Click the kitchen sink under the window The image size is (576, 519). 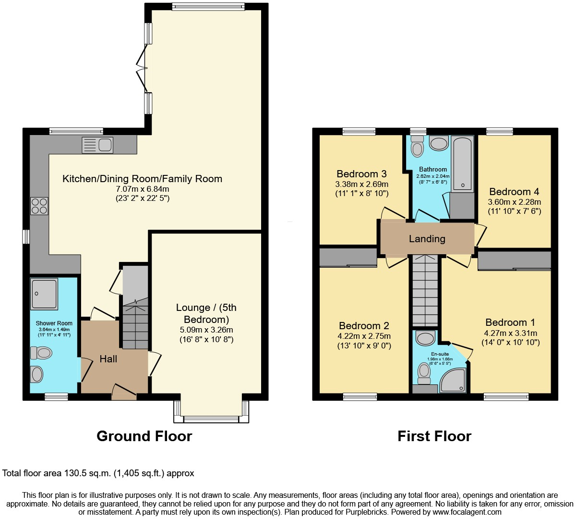click(97, 145)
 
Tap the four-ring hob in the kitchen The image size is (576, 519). click(39, 206)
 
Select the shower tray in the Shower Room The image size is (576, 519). click(44, 294)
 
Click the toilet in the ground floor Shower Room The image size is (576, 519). click(41, 353)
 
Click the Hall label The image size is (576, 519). click(108, 359)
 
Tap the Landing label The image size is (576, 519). click(427, 239)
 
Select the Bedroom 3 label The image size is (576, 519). click(361, 174)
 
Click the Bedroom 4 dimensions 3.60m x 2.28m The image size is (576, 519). click(514, 202)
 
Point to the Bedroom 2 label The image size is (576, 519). click(364, 326)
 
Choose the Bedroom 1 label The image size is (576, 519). click(510, 322)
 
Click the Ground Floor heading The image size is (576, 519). click(144, 436)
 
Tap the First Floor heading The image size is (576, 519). click(434, 436)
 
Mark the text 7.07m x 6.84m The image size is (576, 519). click(142, 189)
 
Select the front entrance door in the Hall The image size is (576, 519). click(124, 392)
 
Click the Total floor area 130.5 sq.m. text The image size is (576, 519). click(98, 473)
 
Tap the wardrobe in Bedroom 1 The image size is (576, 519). click(514, 261)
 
